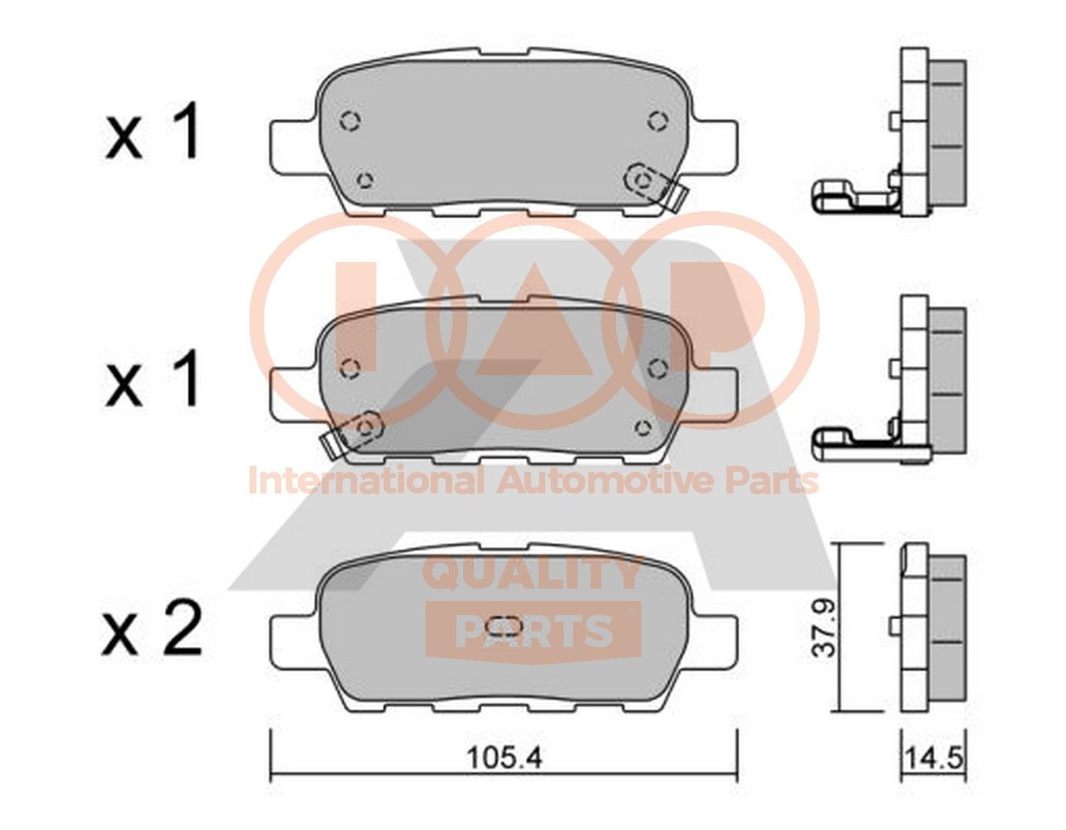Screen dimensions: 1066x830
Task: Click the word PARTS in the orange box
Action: (535, 631)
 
